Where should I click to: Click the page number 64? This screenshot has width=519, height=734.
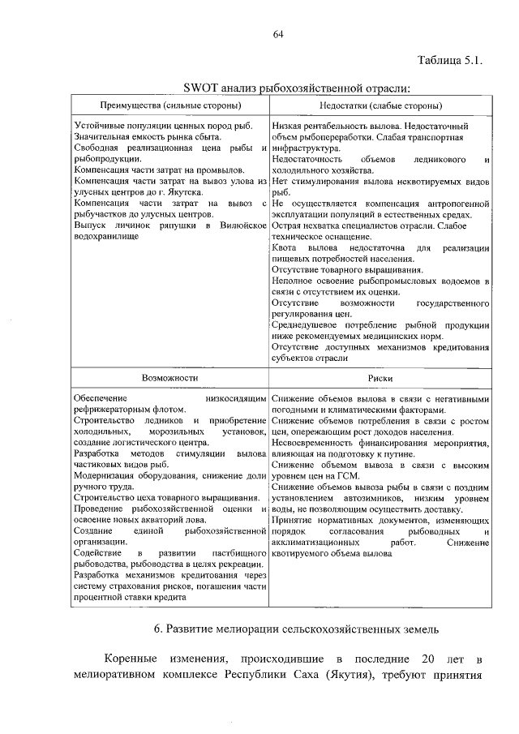click(x=278, y=33)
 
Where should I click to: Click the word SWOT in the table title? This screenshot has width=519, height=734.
click(x=199, y=88)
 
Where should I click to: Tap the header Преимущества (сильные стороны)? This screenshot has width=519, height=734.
click(x=169, y=106)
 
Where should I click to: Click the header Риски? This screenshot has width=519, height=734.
click(x=380, y=378)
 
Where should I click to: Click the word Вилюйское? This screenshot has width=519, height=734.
click(x=243, y=223)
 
